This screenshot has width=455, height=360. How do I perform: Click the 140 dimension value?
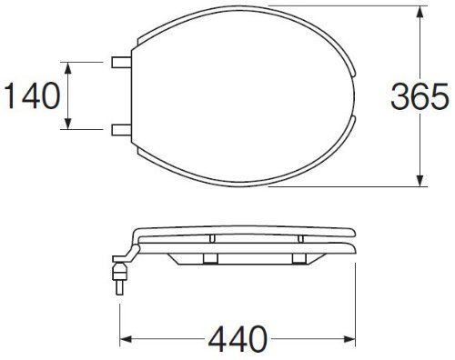[x=32, y=95]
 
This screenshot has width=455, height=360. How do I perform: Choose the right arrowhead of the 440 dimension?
[x=349, y=339]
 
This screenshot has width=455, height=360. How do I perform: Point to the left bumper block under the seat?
[x=210, y=259]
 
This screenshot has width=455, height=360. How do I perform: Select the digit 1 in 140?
[x=11, y=95]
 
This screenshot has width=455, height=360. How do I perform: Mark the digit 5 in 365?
[x=440, y=95]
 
